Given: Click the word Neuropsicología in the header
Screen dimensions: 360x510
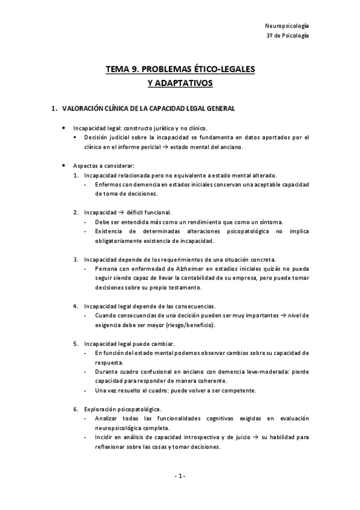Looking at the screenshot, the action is click(x=287, y=26).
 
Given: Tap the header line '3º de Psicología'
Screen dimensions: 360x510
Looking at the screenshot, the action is click(x=287, y=36).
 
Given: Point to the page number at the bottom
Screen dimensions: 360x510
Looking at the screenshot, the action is click(x=180, y=476).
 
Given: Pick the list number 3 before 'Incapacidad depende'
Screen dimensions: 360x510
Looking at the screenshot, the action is click(x=76, y=259).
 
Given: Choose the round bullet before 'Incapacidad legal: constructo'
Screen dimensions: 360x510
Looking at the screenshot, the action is click(x=64, y=128).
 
